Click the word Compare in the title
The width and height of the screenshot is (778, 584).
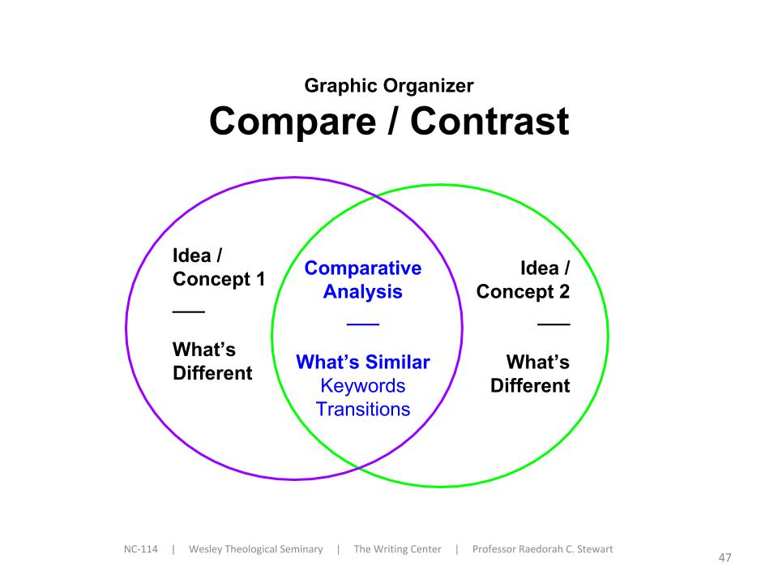[293, 122]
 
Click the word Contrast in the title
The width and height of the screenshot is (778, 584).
[489, 121]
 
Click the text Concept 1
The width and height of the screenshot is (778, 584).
[219, 280]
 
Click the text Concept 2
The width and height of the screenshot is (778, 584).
[523, 292]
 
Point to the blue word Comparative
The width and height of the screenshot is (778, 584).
[363, 268]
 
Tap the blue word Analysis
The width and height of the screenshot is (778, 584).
[363, 292]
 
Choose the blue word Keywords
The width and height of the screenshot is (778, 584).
[363, 386]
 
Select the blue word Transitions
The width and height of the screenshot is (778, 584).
[363, 410]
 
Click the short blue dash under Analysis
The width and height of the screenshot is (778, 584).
[363, 324]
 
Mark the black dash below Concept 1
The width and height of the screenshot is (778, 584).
[189, 311]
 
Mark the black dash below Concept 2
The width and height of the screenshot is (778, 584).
[554, 324]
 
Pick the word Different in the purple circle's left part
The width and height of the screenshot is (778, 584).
[212, 373]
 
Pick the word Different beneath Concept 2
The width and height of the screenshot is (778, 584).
[530, 386]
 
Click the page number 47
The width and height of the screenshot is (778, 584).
[725, 558]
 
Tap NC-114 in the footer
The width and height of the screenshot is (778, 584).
[141, 549]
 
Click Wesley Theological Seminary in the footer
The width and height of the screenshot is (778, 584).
[256, 549]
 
